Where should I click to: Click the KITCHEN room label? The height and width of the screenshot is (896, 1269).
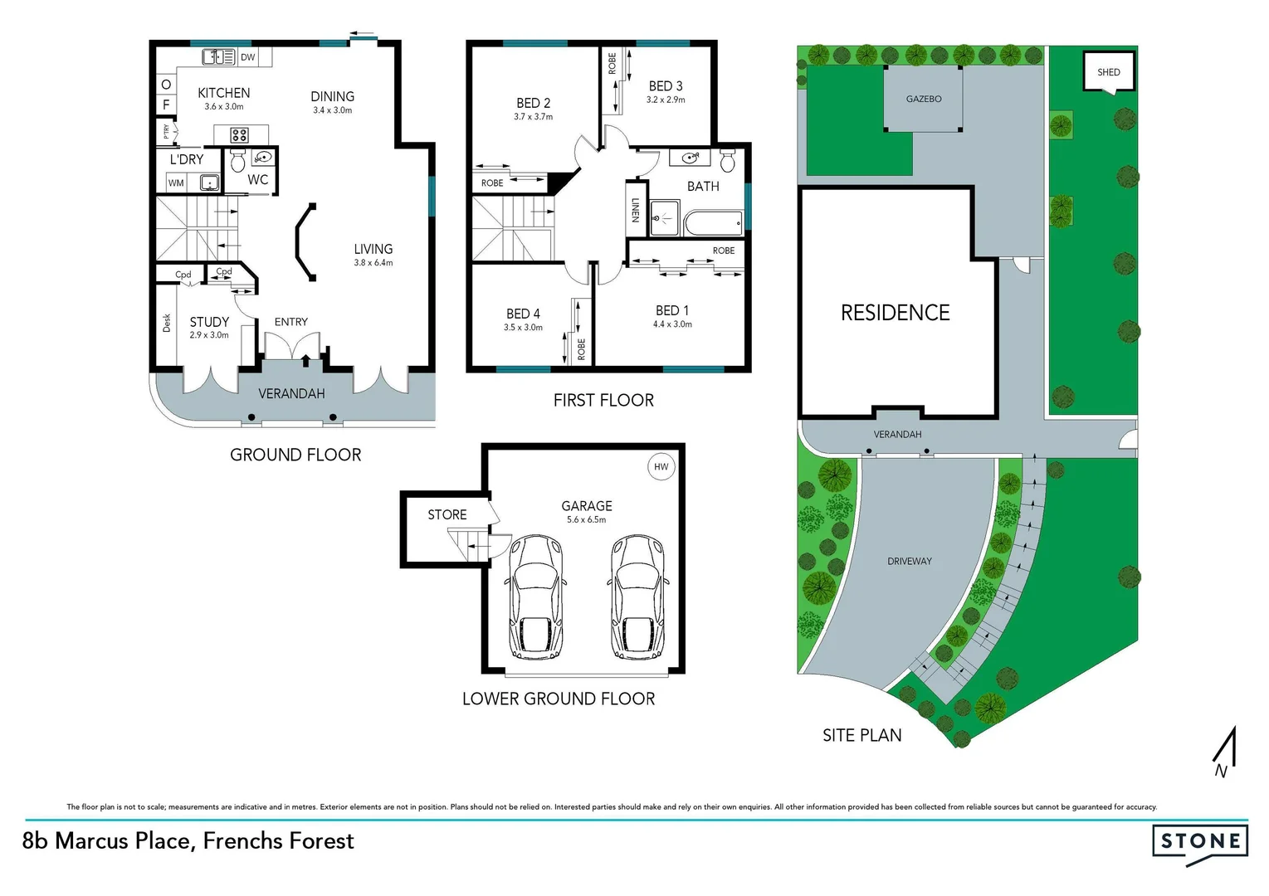click(x=223, y=93)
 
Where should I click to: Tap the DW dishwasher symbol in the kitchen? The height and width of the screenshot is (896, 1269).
click(x=247, y=57)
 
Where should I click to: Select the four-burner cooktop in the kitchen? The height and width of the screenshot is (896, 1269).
click(x=240, y=135)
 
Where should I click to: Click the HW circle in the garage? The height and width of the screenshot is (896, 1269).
click(x=661, y=466)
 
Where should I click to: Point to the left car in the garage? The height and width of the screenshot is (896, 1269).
click(x=535, y=596)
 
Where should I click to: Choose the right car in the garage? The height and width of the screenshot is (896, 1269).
click(x=637, y=596)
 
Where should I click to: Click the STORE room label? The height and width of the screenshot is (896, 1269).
click(x=447, y=514)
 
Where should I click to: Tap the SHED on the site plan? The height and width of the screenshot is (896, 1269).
click(x=1108, y=72)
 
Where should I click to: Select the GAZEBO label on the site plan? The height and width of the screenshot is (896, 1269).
click(x=923, y=99)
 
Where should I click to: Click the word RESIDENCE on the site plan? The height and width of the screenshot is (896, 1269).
click(x=895, y=313)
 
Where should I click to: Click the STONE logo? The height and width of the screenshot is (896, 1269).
click(x=1199, y=842)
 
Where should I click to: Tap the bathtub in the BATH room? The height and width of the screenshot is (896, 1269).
click(x=714, y=223)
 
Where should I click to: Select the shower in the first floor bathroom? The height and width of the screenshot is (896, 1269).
click(x=664, y=217)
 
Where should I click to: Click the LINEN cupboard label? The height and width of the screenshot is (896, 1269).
click(x=636, y=210)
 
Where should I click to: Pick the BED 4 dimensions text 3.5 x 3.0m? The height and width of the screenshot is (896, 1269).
click(x=523, y=328)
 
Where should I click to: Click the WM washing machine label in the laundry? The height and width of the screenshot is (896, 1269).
click(x=176, y=183)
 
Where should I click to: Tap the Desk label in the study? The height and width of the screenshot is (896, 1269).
click(x=167, y=323)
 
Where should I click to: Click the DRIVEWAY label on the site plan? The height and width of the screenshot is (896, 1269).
click(x=909, y=562)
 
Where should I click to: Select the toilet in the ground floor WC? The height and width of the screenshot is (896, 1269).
click(x=237, y=160)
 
